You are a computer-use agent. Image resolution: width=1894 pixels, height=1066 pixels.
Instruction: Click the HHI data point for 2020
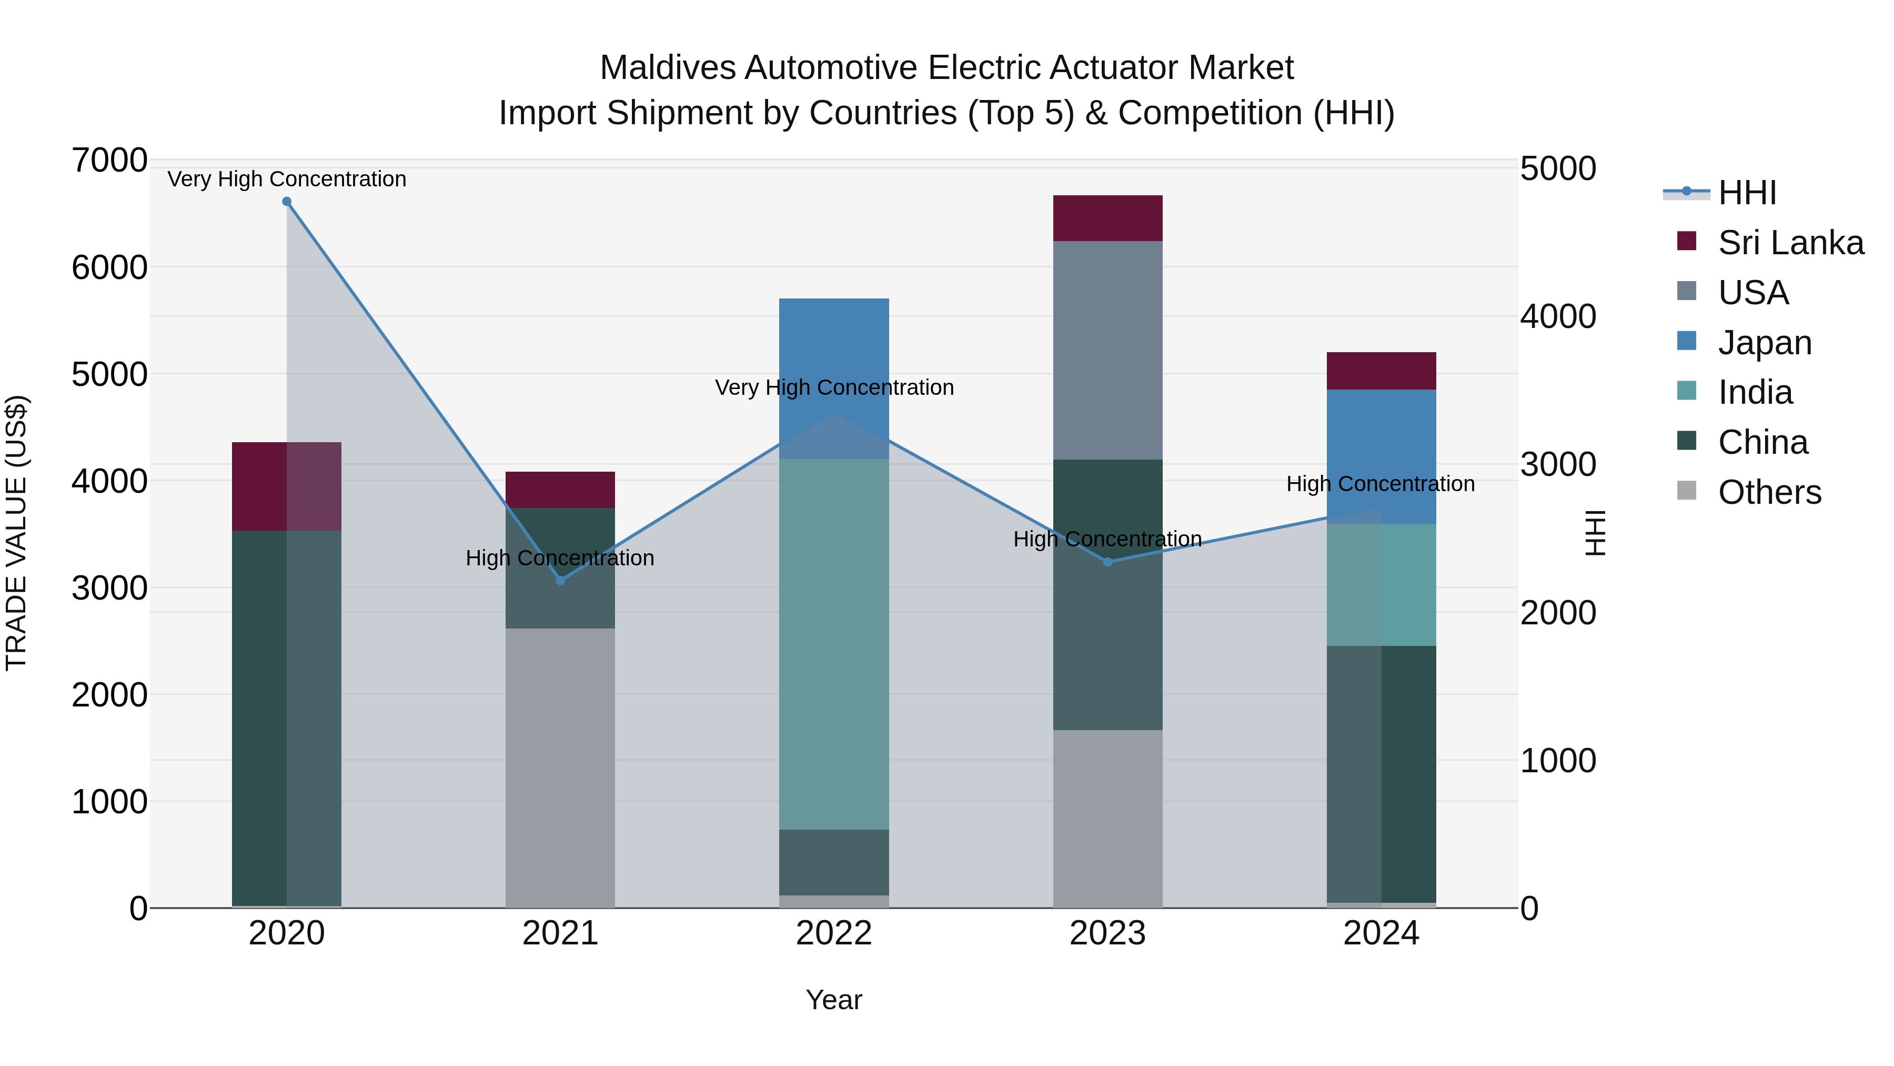coord(287,202)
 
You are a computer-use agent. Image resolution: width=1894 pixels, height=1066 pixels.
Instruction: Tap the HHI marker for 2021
coord(560,581)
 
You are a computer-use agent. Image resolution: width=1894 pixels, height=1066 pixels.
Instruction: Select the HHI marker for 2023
coord(1107,562)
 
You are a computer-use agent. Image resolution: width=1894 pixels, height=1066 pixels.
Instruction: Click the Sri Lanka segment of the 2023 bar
coord(1107,218)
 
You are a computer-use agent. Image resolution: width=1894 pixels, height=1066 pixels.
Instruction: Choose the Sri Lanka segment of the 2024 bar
coord(1381,371)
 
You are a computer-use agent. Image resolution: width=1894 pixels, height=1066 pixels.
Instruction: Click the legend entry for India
coord(1754,392)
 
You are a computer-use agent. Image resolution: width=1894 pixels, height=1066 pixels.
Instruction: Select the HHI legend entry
coord(1746,193)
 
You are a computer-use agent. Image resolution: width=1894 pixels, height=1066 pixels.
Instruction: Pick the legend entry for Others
coord(1769,492)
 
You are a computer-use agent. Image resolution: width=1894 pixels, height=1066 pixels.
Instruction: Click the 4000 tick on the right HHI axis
coord(1558,316)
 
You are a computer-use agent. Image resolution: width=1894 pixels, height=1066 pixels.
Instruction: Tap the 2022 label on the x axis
coord(834,933)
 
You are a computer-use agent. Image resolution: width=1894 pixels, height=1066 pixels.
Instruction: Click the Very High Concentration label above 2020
coord(287,179)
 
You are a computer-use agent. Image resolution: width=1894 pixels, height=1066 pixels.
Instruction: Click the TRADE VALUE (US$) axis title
coord(16,533)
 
